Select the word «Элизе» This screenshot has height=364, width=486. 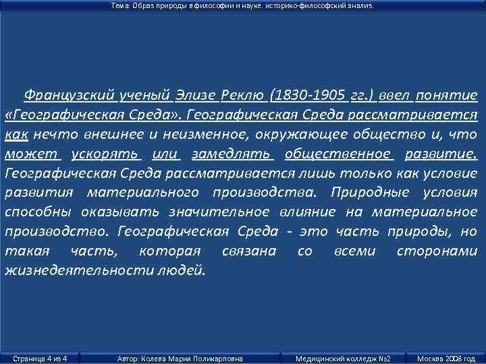(x=192, y=94)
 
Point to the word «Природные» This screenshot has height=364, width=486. (x=371, y=193)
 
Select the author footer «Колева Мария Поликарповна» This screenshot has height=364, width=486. (x=180, y=358)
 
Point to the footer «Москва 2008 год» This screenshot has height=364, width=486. (x=446, y=358)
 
